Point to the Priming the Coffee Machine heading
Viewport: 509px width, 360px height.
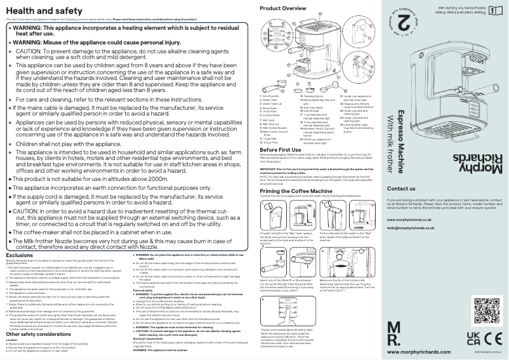pyautogui.click(x=296, y=191)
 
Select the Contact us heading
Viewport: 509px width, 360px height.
pyautogui.click(x=401, y=189)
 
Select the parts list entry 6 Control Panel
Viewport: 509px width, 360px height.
pyautogui.click(x=271, y=115)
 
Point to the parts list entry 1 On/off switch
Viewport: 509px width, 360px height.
pyautogui.click(x=271, y=96)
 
